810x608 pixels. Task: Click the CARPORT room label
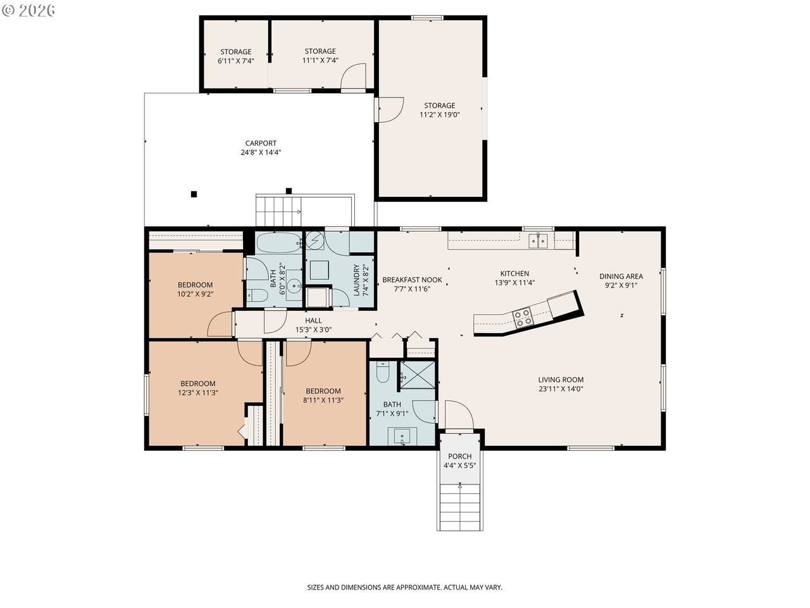[261, 143]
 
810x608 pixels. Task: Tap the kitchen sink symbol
[538, 241]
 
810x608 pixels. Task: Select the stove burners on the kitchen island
[523, 317]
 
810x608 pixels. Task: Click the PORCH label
[459, 456]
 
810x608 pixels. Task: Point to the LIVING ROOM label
[561, 379]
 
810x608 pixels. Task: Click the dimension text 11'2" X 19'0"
[439, 115]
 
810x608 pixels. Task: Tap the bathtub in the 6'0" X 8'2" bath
[279, 243]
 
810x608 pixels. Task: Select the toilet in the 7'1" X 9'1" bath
[383, 372]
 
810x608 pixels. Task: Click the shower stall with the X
[418, 374]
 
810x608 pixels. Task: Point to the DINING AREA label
[621, 276]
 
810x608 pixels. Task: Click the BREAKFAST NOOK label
[412, 280]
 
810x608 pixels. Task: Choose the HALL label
[313, 320]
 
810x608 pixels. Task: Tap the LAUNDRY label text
[356, 280]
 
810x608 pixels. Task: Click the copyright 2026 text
[28, 10]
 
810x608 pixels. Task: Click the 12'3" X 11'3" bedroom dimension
[198, 393]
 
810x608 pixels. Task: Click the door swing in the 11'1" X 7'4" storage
[353, 76]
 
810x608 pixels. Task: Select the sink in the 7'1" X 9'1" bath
[402, 436]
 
